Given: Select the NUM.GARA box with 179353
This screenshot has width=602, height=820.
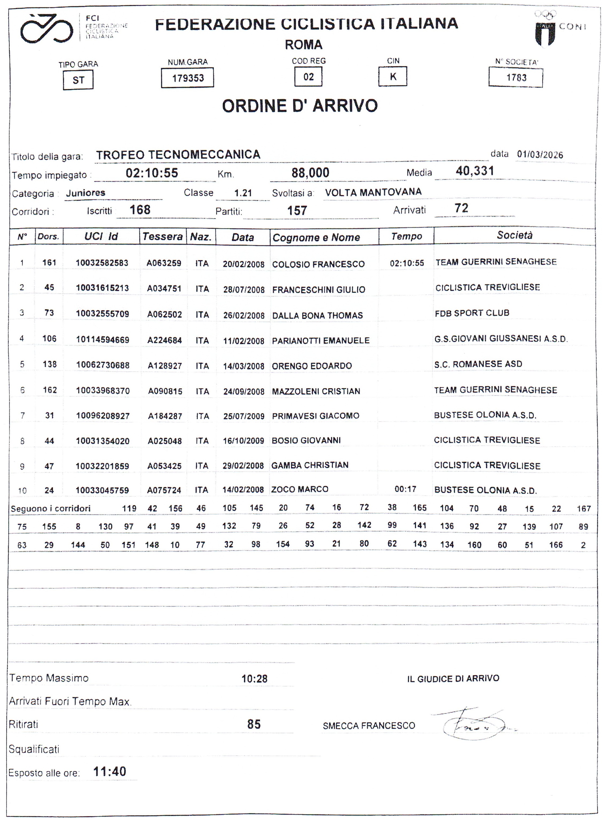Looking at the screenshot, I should click(x=187, y=78).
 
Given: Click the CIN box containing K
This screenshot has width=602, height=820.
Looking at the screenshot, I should click(x=393, y=77).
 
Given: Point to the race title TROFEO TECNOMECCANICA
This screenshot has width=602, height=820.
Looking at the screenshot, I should click(x=178, y=155).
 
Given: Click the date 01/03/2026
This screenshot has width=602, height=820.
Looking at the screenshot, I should click(x=540, y=155).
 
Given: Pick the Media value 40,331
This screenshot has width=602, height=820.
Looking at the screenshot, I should click(x=474, y=171).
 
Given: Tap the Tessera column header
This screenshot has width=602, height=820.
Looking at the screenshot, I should click(x=163, y=236).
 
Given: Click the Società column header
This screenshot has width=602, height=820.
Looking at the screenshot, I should click(x=514, y=235).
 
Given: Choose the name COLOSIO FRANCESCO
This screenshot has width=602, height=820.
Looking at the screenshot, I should click(x=318, y=264).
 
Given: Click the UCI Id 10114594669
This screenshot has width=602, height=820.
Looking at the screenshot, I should click(x=102, y=340).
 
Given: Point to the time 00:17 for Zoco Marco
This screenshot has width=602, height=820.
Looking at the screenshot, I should click(x=405, y=489).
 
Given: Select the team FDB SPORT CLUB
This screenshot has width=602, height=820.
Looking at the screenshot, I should click(x=472, y=313).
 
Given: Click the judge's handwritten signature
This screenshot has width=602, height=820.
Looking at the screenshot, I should click(x=474, y=726).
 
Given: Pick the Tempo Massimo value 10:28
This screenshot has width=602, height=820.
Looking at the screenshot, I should click(x=254, y=679).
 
